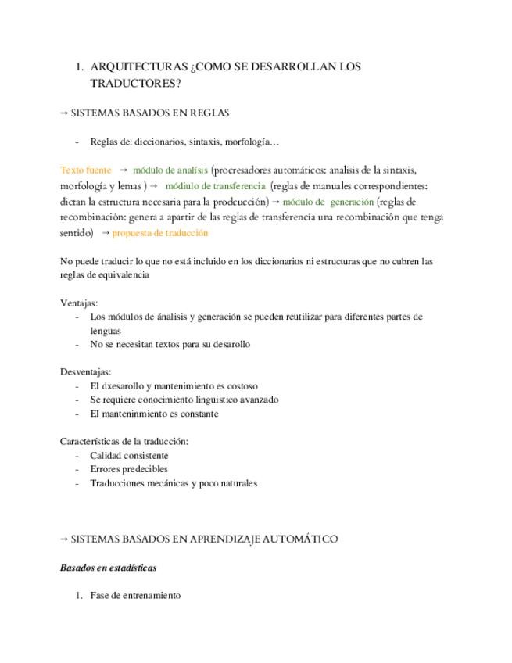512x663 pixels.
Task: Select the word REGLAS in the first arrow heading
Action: tap(205, 113)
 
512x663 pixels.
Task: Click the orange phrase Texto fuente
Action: tap(86, 170)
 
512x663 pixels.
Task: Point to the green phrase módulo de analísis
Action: tap(170, 170)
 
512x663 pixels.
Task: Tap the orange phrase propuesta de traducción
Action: tap(160, 233)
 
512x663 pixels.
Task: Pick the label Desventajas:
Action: tap(85, 371)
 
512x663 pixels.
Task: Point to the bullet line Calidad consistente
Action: tap(129, 455)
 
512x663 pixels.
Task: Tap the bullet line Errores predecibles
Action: tap(129, 469)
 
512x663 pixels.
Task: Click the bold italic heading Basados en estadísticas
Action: tap(108, 568)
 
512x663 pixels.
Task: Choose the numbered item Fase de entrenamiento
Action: tap(135, 595)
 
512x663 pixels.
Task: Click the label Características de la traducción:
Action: tap(124, 441)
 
